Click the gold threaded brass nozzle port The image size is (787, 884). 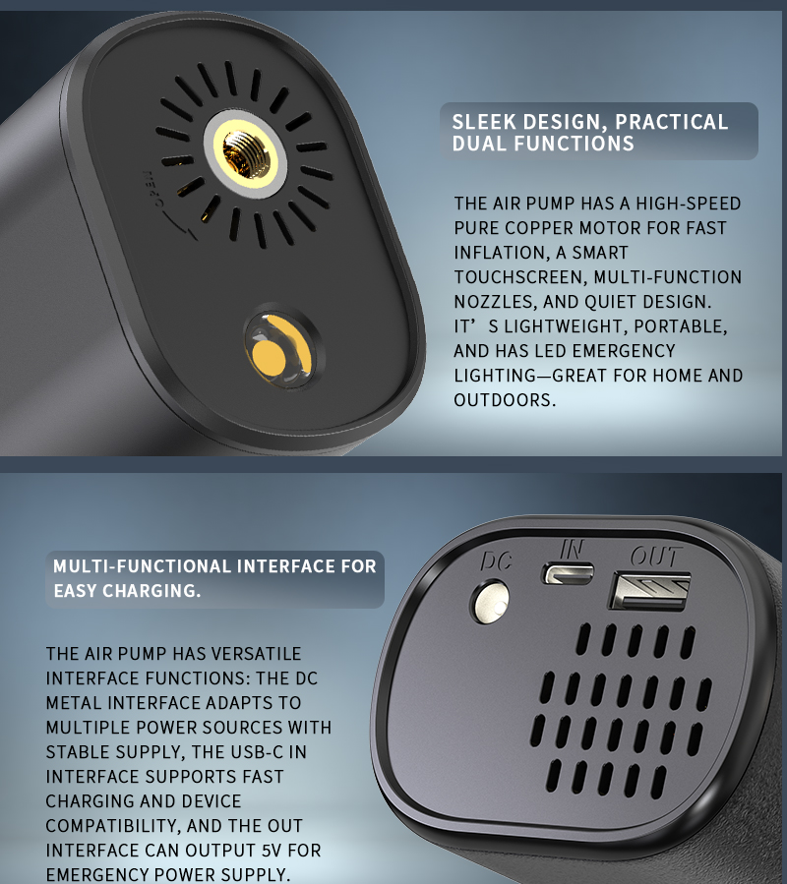tap(245, 152)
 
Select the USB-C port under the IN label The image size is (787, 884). tap(568, 573)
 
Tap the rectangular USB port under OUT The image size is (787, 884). tap(649, 591)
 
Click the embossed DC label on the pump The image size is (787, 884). tap(497, 561)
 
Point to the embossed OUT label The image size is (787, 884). tap(656, 557)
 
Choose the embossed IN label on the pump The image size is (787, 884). tap(572, 549)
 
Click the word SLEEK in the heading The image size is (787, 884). tap(484, 122)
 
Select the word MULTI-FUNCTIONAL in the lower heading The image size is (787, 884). tap(143, 566)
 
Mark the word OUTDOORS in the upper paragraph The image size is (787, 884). tap(505, 400)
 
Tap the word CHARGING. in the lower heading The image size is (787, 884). tap(151, 591)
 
